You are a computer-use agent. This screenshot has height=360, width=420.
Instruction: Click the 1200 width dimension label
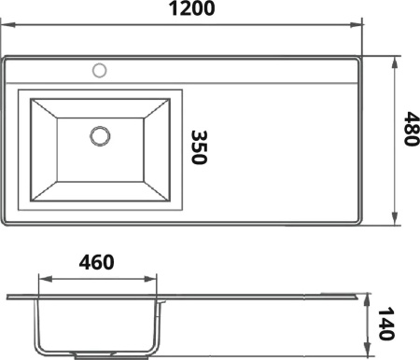(x=191, y=8)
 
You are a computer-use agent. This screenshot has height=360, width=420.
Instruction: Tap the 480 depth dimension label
(x=412, y=129)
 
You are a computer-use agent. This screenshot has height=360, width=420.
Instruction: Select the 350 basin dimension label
(x=199, y=147)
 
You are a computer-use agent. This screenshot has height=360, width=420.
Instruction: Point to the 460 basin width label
(x=96, y=262)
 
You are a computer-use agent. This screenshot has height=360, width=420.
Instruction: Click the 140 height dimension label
(x=386, y=324)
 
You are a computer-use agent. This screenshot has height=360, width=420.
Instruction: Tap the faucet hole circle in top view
(x=100, y=71)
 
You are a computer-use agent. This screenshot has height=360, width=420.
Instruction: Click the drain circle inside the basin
(x=100, y=136)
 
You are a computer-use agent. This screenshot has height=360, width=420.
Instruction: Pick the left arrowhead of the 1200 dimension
(x=7, y=24)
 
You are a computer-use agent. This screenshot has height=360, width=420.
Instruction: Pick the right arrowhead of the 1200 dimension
(x=356, y=24)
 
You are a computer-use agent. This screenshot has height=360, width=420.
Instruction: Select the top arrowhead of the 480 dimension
(x=395, y=63)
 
